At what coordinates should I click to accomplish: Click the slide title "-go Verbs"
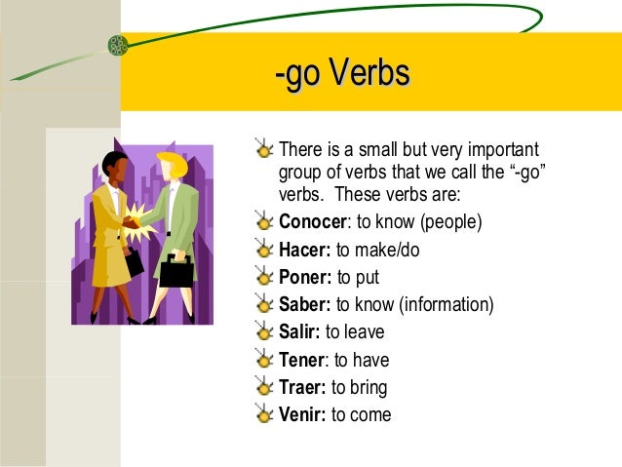[342, 77]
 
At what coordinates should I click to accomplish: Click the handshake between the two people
[131, 222]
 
